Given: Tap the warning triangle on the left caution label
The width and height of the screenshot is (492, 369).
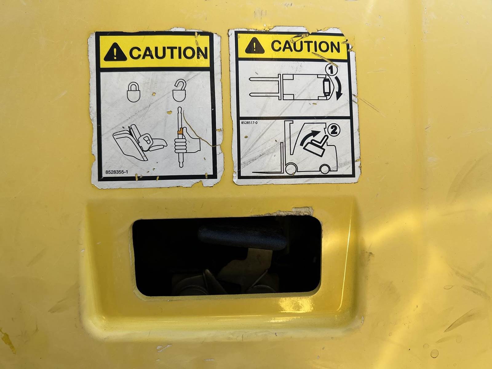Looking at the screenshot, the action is click(x=115, y=52).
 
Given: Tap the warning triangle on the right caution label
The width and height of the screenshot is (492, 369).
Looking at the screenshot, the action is click(x=254, y=46).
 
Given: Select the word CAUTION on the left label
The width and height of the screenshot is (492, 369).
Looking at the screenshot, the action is click(x=169, y=53).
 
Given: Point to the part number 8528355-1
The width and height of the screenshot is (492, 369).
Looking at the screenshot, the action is click(x=117, y=172).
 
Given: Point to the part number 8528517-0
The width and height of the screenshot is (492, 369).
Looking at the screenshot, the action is click(x=249, y=123).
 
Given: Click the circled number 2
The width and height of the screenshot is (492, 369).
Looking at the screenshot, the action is click(x=334, y=130).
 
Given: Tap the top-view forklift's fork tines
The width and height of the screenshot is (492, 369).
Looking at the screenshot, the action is click(x=264, y=87).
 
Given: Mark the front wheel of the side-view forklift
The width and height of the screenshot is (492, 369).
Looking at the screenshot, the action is click(x=291, y=169).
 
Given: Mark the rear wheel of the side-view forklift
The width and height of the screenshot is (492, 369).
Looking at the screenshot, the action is click(x=325, y=169).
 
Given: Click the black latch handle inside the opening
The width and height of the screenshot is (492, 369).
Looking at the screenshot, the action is click(x=242, y=237).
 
